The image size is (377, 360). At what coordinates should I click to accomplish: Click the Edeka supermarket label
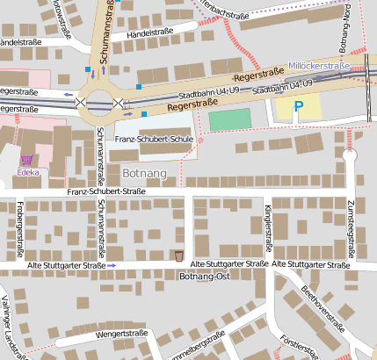click(x=27, y=174)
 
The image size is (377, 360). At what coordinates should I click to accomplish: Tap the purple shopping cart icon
click(x=27, y=161)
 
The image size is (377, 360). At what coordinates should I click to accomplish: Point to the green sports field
click(x=228, y=119)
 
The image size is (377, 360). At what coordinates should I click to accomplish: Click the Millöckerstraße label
click(x=319, y=66)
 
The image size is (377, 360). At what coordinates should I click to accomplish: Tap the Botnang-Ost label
click(x=204, y=276)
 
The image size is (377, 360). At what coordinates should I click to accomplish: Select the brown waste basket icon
click(x=178, y=256)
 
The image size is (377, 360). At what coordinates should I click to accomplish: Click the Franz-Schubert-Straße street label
click(x=106, y=191)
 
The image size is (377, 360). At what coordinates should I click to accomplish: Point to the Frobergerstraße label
click(x=18, y=233)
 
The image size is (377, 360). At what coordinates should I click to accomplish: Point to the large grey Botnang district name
click(x=145, y=173)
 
